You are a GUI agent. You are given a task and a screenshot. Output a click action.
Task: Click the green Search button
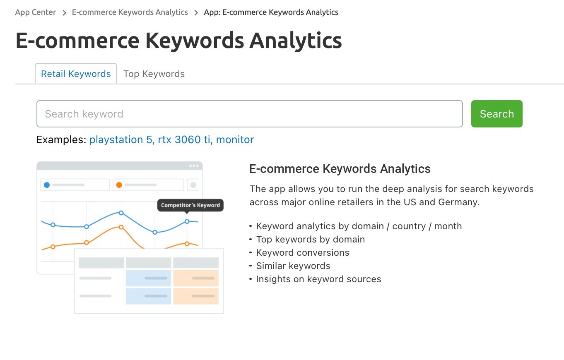(x=497, y=114)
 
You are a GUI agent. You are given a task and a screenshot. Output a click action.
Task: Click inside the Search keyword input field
(x=249, y=114)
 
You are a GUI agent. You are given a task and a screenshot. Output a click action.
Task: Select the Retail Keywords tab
(x=76, y=74)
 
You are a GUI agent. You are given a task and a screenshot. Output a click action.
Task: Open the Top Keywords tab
(x=154, y=74)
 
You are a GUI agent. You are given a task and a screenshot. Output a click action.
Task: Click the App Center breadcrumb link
(x=36, y=12)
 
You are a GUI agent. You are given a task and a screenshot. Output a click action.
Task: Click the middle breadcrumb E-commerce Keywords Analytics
(x=130, y=12)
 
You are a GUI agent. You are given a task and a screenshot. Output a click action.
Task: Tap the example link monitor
(x=235, y=139)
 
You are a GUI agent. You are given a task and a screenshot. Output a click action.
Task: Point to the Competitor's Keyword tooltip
(x=190, y=205)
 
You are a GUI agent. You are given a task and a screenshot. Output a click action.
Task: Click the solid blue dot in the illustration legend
(x=47, y=185)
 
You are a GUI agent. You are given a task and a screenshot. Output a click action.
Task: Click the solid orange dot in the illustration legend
(x=119, y=185)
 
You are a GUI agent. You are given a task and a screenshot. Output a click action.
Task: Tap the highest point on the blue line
(x=121, y=213)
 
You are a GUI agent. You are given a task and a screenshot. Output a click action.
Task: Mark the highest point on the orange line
(x=121, y=227)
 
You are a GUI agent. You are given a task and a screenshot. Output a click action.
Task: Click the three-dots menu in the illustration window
(x=194, y=166)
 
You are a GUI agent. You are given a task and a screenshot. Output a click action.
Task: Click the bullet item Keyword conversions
(x=303, y=252)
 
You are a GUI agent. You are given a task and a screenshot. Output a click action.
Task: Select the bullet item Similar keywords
(x=293, y=266)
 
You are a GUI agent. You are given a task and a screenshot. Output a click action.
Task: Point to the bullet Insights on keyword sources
(x=318, y=279)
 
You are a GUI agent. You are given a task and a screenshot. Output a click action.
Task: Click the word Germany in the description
(x=459, y=202)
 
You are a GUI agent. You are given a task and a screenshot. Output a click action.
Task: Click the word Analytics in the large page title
(x=296, y=41)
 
